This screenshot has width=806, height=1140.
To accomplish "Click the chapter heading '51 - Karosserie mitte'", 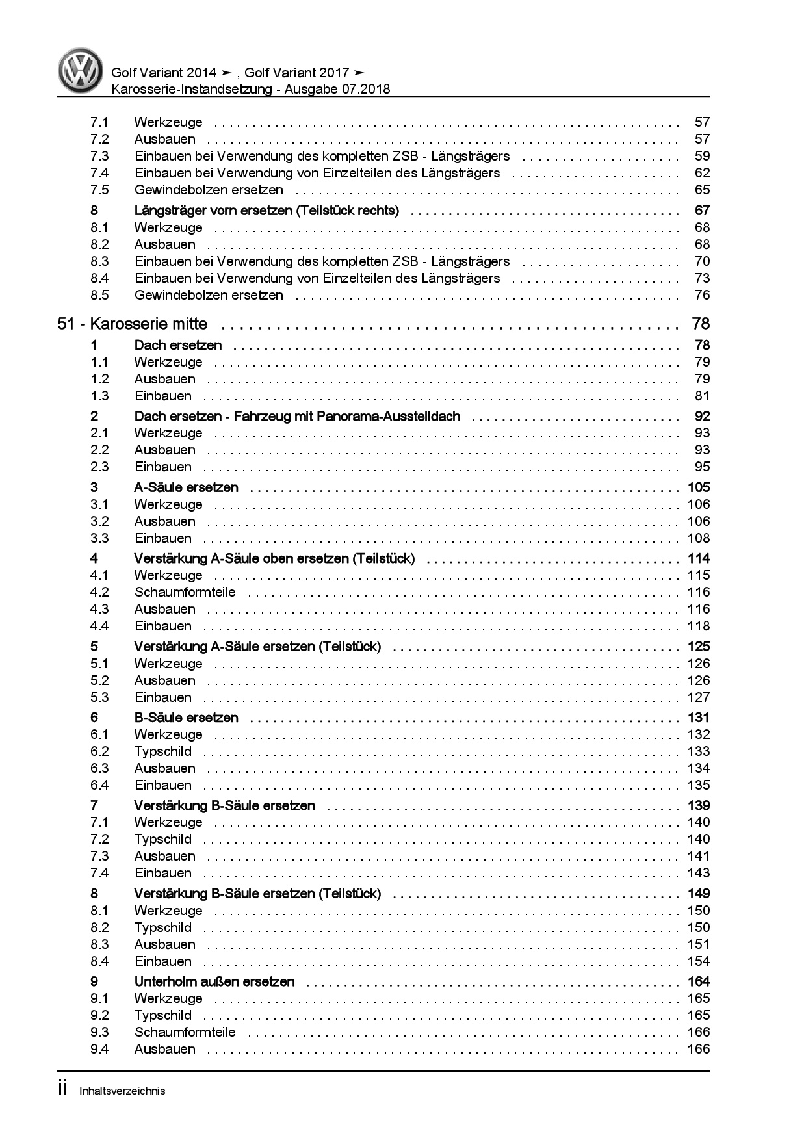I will tap(133, 324).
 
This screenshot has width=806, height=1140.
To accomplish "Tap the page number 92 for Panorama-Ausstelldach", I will tap(702, 416).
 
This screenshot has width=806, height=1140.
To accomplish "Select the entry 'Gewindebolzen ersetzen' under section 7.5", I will tap(209, 190).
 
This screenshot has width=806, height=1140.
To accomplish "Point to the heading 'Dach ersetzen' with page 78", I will tap(178, 345).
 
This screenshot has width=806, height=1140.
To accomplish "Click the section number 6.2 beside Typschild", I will tap(99, 751).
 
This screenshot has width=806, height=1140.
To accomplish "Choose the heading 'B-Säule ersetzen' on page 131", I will tap(186, 718).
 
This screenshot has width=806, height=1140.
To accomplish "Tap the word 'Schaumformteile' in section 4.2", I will tap(185, 592).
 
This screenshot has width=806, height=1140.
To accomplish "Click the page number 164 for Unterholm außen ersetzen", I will tap(699, 981).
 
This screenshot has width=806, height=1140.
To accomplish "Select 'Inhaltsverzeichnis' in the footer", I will tap(122, 1091).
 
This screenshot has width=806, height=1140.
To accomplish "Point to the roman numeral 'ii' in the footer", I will tap(62, 1089).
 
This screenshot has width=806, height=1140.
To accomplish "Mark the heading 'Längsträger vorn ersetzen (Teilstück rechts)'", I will tap(266, 211).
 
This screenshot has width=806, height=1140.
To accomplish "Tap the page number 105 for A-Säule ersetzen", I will tap(699, 487).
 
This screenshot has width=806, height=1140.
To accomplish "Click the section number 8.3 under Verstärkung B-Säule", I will tap(99, 944).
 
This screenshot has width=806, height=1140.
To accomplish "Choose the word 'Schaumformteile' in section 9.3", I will tap(185, 1032).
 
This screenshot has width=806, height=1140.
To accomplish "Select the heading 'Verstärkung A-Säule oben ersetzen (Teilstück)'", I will tap(274, 558).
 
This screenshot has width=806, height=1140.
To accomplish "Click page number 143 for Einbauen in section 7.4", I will tap(699, 873).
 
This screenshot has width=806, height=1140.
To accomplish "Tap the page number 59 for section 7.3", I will tap(702, 156).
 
